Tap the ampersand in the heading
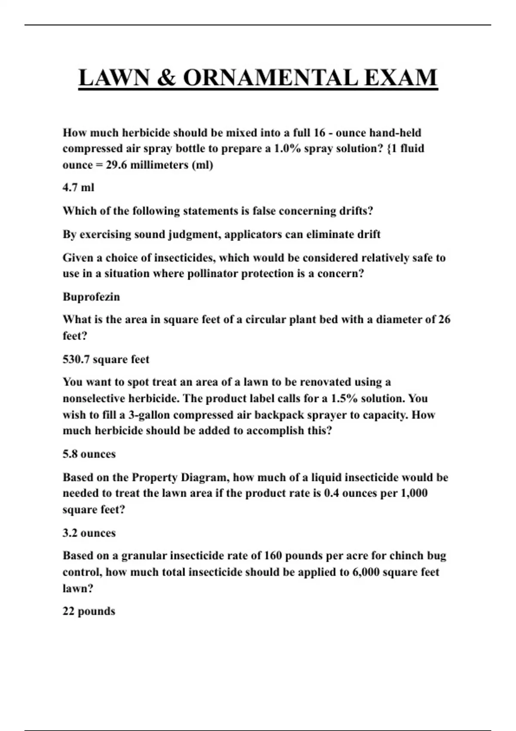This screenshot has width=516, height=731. [x=166, y=78]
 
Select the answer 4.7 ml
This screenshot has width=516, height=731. [x=78, y=187]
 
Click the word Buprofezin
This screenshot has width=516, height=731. [x=91, y=297]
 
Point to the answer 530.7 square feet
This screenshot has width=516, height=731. [x=106, y=359]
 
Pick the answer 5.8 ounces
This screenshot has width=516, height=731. [x=89, y=454]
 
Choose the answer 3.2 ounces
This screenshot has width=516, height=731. [x=89, y=533]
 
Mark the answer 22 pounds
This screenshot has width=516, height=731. [x=89, y=611]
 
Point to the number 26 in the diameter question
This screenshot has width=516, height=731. [x=444, y=319]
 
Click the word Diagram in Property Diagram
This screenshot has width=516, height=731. [x=204, y=477]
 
